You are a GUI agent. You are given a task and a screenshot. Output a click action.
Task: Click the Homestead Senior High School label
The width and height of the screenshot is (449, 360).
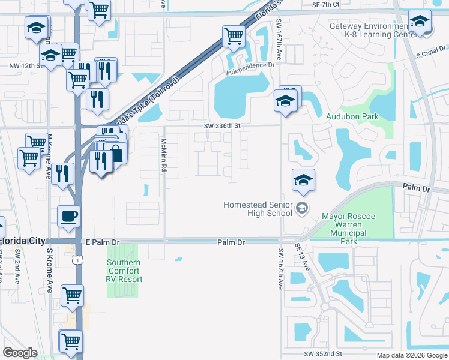(258, 209)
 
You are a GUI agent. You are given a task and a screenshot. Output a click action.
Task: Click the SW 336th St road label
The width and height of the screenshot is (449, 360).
(222, 126)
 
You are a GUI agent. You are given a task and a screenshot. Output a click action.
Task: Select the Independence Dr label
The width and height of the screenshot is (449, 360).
(250, 69)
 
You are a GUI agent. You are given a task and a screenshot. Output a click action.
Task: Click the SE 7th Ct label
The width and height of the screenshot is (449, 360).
(326, 4)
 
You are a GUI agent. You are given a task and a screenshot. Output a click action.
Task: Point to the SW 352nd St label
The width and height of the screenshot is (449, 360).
(322, 354)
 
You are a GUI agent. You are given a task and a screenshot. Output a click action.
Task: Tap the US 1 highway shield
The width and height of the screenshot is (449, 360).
(76, 259)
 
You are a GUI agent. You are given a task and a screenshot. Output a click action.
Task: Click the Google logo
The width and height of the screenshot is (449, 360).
(19, 353)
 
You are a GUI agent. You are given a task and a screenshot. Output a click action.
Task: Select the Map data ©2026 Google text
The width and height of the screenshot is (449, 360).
(411, 355)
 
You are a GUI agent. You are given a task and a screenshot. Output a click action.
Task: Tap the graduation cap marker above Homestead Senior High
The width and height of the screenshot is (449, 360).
(303, 180)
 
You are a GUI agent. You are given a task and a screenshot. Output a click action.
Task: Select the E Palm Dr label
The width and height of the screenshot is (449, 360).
(104, 242)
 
